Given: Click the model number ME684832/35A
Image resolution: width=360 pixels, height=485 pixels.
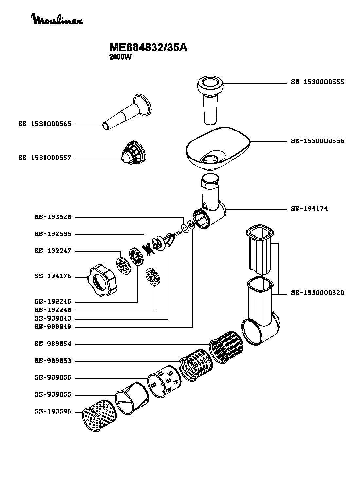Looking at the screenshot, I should click(148, 48).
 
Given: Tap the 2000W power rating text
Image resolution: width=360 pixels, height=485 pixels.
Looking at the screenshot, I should click(120, 57).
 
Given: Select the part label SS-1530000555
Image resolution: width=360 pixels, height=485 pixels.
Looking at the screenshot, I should click(317, 82).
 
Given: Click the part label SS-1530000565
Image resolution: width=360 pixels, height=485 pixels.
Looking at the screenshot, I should click(45, 124).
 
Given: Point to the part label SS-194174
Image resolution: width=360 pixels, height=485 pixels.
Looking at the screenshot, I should click(309, 209).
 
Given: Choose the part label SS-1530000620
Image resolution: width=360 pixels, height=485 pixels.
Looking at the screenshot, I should click(317, 293).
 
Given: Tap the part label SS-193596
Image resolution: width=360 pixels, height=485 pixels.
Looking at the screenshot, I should click(53, 412).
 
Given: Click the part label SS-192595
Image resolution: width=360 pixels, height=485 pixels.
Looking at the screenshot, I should click(53, 234).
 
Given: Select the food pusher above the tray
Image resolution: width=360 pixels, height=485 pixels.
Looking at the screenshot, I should click(210, 98).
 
